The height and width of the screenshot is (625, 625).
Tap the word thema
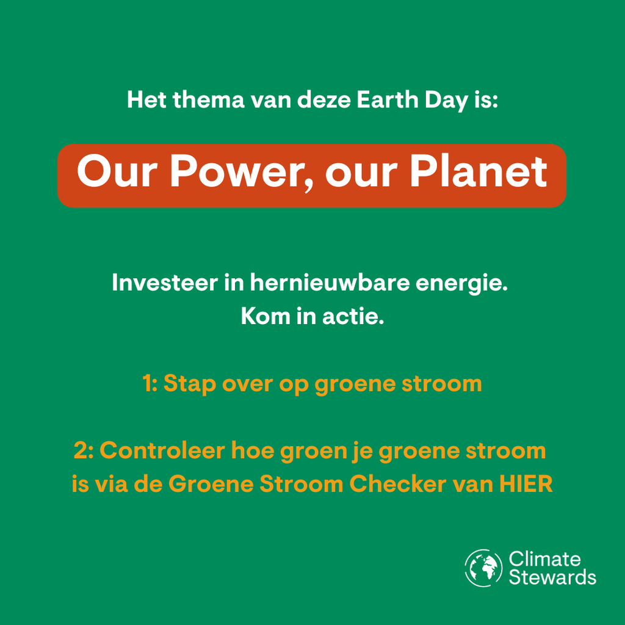coord(209,99)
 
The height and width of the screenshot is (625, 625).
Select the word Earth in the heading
coord(387,99)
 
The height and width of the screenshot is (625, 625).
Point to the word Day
coord(446,101)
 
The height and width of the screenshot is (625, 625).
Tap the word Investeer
coord(165,283)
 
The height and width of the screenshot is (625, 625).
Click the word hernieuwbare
coord(330,283)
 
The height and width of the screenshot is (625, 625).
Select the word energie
coord(461,284)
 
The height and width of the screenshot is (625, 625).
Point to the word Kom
coord(265,316)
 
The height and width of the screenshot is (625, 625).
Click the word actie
coord(353,316)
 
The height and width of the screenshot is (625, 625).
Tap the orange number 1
coord(147,384)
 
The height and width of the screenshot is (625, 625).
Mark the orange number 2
coord(81,451)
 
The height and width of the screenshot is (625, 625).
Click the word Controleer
coord(162,451)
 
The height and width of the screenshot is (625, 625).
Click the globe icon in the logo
coord(483,568)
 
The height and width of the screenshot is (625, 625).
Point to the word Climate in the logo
coord(544,559)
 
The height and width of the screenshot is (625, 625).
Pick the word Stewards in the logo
coord(552,577)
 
